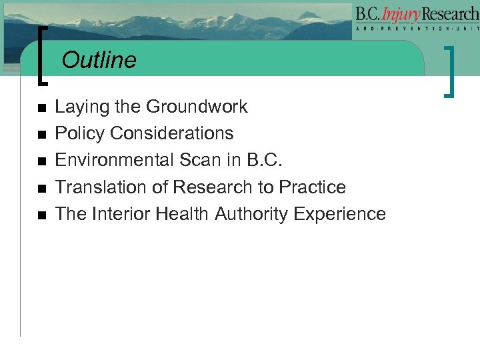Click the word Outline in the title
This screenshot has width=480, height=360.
click(x=99, y=61)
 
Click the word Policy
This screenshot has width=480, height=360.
click(x=80, y=133)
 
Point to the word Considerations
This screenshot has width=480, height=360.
click(x=172, y=133)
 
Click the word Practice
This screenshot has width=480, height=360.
click(x=313, y=187)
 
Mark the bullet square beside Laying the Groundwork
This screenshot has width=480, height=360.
click(x=41, y=108)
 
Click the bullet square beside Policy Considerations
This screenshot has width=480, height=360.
click(x=41, y=135)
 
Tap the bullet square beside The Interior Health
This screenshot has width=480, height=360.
click(x=41, y=215)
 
